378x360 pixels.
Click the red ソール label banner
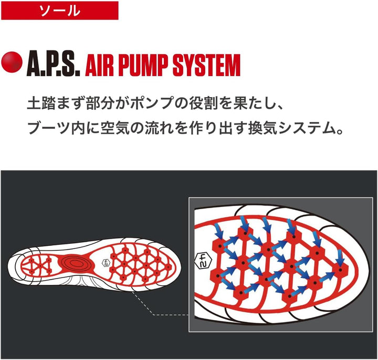pyautogui.click(x=59, y=11)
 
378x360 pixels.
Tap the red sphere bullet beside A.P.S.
pyautogui.click(x=12, y=61)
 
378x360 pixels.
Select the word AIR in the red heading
pyautogui.click(x=99, y=65)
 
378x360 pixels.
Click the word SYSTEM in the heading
pyautogui.click(x=207, y=65)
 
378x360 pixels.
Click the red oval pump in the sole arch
pyautogui.click(x=75, y=263)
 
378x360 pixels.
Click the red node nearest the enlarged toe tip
pyautogui.click(x=341, y=269)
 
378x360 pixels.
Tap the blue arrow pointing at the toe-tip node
pyautogui.click(x=340, y=258)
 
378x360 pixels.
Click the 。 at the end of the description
pyautogui.click(x=340, y=131)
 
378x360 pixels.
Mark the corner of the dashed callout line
pyautogui.click(x=153, y=315)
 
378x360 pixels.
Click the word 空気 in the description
pyautogui.click(x=114, y=128)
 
